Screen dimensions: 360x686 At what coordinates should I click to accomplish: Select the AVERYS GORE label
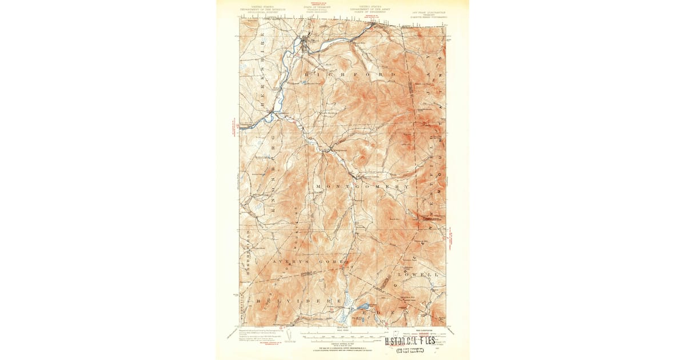(x=309, y=261)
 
